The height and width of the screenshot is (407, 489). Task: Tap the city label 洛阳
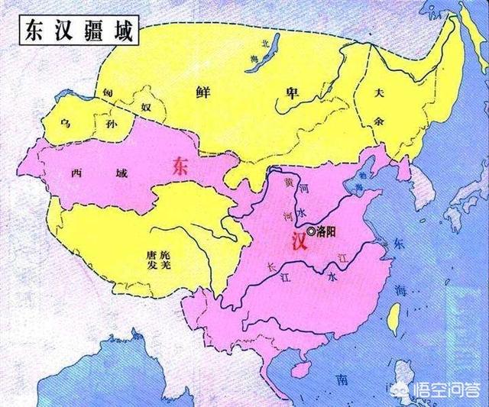tap(327, 231)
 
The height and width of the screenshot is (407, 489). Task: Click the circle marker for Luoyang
tap(310, 231)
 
